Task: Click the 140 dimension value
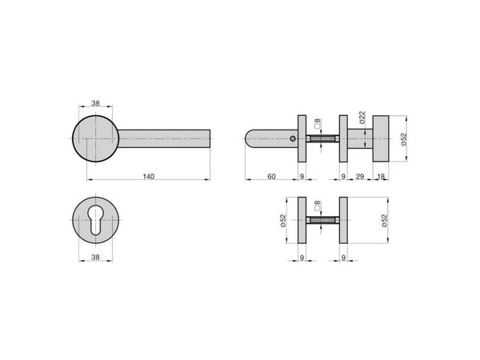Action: tap(149, 177)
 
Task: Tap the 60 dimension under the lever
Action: tap(271, 177)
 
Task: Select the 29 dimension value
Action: tap(360, 177)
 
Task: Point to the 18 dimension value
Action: tap(381, 177)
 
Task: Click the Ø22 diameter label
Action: tap(362, 118)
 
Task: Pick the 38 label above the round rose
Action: tap(95, 103)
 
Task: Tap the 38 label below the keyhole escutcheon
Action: tap(95, 258)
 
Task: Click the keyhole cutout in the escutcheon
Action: tap(96, 220)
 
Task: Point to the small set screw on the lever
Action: tap(293, 139)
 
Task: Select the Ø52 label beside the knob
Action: tap(404, 139)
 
